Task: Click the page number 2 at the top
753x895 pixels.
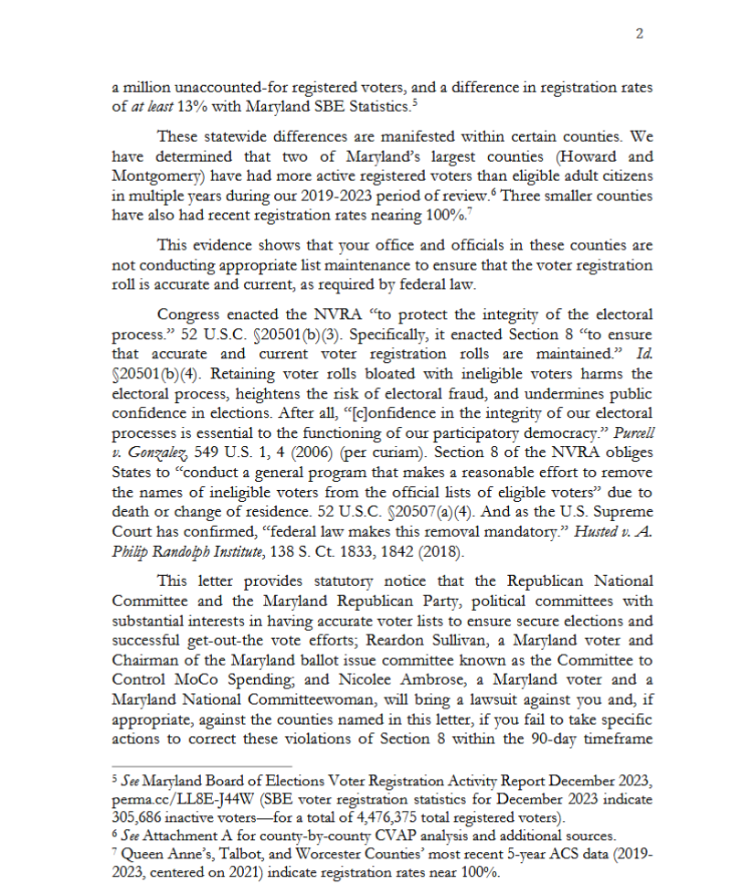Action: coord(640,34)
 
